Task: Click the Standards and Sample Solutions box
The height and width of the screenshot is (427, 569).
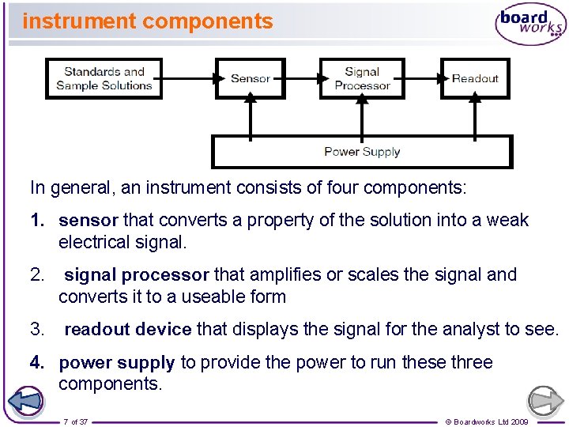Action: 104,78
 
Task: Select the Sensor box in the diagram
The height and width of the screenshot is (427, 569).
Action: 250,78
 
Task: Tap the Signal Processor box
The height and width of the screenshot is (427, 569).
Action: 362,78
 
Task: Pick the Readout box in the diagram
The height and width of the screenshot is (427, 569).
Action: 474,78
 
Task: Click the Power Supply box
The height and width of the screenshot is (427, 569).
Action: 362,152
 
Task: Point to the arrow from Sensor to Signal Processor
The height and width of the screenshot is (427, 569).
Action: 301,78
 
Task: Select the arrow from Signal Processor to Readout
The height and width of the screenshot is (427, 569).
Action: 422,78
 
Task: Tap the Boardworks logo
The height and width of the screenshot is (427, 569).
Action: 530,25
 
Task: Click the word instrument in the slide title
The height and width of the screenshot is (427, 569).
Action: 76,21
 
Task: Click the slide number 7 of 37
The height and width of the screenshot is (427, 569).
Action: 76,421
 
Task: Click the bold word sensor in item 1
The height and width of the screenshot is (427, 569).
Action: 88,220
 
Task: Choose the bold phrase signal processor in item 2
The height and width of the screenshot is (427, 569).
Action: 136,275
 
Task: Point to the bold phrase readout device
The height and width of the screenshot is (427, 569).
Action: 127,329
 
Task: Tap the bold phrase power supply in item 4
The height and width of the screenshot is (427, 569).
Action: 116,363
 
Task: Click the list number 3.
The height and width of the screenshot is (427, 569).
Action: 36,329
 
